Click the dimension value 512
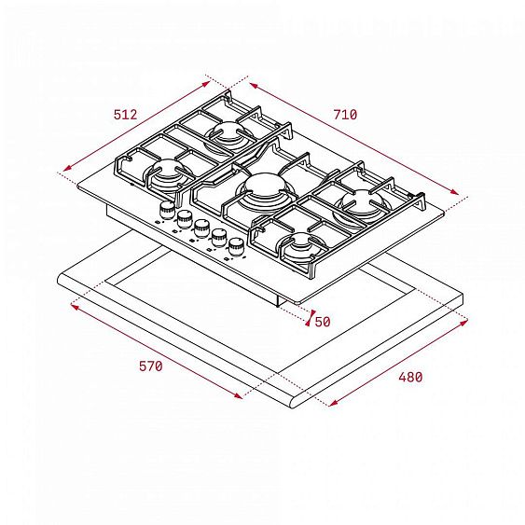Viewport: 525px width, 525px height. [x=125, y=115]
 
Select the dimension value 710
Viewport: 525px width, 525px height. [x=344, y=115]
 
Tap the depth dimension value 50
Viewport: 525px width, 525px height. [x=323, y=322]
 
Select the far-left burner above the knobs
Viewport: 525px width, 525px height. [x=169, y=173]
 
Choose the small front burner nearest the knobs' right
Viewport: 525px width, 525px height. [x=300, y=247]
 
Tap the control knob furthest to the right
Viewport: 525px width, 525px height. [x=236, y=245]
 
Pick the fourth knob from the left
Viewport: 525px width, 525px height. [x=218, y=236]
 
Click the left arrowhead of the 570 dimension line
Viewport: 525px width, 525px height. [x=72, y=303]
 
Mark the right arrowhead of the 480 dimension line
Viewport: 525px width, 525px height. [x=467, y=324]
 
